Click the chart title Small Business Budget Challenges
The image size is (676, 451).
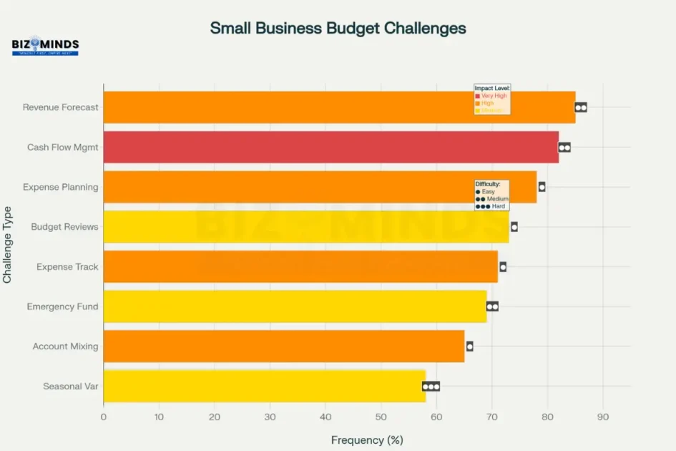pos(338,28)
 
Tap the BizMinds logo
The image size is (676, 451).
pos(45,47)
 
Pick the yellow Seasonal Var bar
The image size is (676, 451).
pos(264,386)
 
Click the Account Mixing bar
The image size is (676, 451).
pos(283,346)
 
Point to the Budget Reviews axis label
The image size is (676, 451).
pos(64,227)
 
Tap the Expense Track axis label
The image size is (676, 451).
pos(67,267)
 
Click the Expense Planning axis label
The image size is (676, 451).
pos(60,187)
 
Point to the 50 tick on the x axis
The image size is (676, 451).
pos(381,416)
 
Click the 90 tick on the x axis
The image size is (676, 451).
pos(603,416)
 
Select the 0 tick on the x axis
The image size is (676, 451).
pos(104,416)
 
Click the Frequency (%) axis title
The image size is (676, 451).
pos(367,440)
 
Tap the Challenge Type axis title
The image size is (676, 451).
pos(8,245)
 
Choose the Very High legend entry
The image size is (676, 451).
pos(493,95)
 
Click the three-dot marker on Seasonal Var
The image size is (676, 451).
pos(431,387)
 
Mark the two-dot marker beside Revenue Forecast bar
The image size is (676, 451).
pos(581,107)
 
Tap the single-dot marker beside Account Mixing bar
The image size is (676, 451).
pos(469,346)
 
